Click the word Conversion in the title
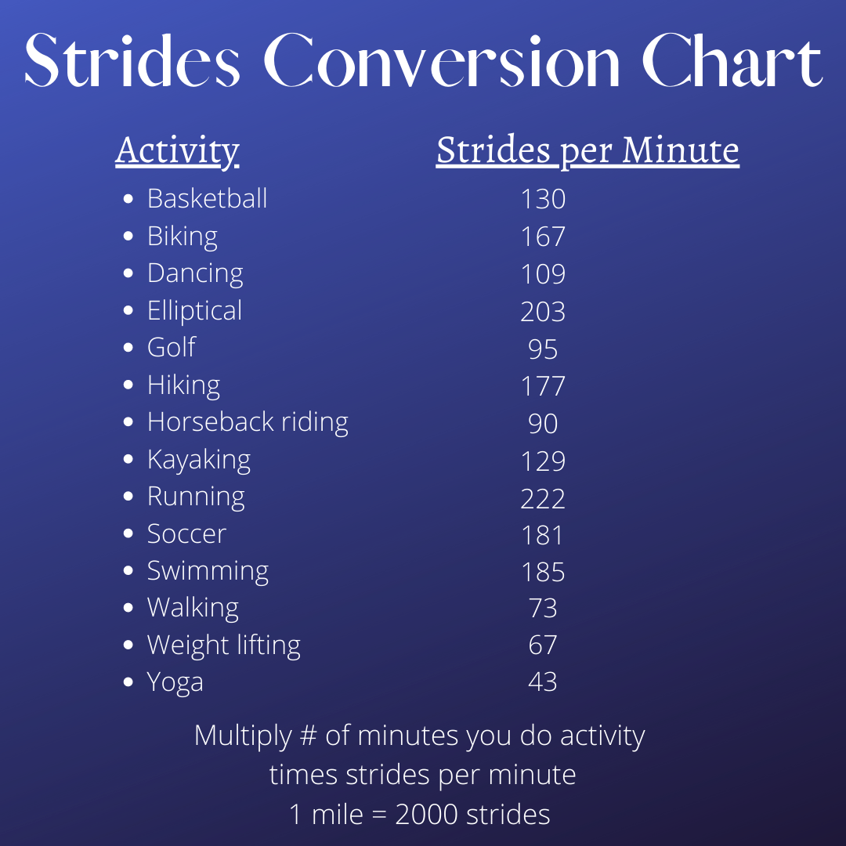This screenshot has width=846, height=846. (442, 60)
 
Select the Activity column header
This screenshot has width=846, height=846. (177, 151)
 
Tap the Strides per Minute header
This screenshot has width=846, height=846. (587, 151)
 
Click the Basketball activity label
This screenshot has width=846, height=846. (207, 198)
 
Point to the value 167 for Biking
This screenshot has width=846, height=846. (543, 237)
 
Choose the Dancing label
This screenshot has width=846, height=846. (195, 274)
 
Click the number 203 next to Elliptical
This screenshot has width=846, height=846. (543, 311)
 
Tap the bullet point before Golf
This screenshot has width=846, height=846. (128, 348)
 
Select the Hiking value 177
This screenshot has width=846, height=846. (543, 385)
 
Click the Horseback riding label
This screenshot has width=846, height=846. (248, 422)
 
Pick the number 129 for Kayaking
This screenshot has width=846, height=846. (543, 461)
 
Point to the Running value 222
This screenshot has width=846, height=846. (543, 498)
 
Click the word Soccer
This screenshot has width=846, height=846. (186, 534)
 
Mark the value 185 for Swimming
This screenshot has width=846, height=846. (543, 572)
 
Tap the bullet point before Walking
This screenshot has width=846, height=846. (128, 608)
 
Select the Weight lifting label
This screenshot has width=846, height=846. (224, 645)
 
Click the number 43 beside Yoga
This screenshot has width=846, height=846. (543, 681)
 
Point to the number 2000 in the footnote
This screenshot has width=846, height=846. (427, 814)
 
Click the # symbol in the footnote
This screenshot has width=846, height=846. (308, 736)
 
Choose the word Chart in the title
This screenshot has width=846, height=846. (732, 60)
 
